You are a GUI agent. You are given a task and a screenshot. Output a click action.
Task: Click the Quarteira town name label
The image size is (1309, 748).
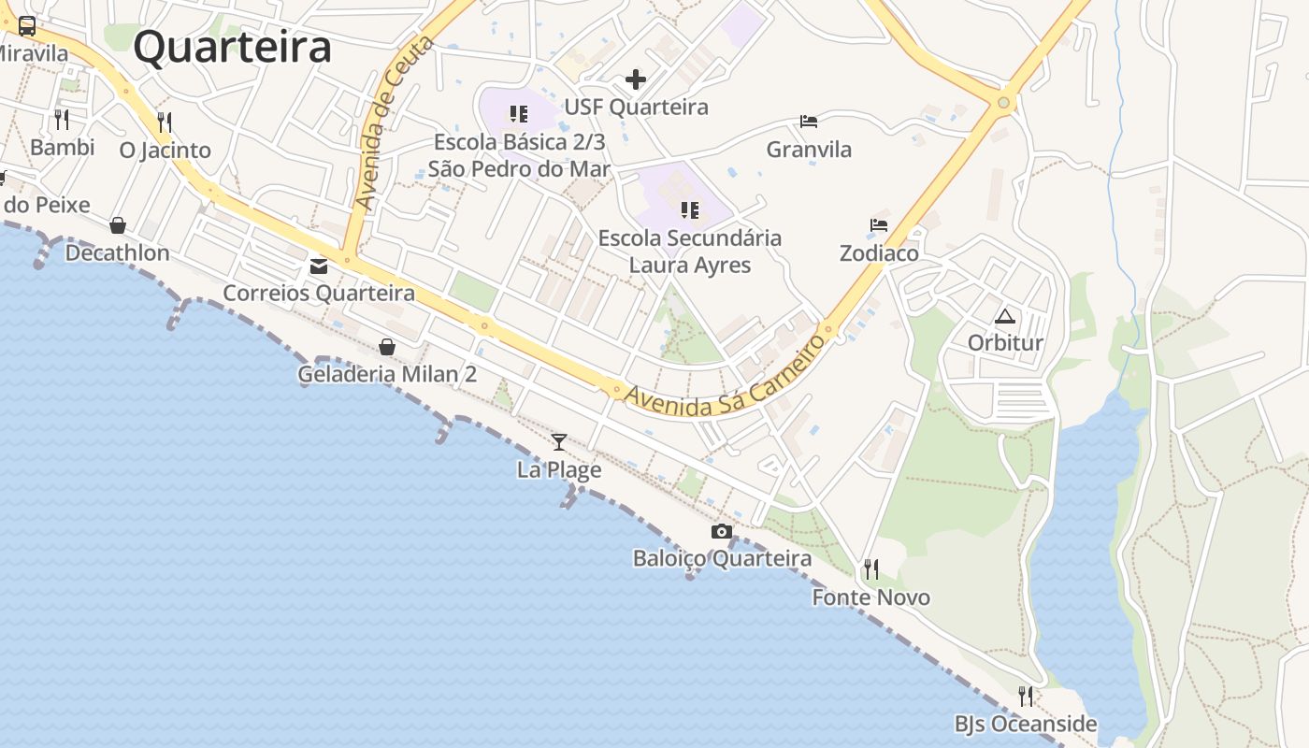pyautogui.click(x=232, y=47)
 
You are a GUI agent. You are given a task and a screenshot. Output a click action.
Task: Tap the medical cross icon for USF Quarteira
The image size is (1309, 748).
pyautogui.click(x=636, y=79)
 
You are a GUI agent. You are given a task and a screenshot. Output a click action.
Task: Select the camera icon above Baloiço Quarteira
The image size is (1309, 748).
pyautogui.click(x=721, y=532)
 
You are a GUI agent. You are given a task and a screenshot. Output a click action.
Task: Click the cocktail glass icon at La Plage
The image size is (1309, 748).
pyautogui.click(x=559, y=441)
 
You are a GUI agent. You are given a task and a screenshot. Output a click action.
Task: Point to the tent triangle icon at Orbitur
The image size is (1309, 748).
pyautogui.click(x=1005, y=316)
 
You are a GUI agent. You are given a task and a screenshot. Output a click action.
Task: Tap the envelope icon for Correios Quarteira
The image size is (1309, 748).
pyautogui.click(x=319, y=266)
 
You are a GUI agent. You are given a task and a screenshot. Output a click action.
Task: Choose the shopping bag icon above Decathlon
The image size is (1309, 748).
pyautogui.click(x=118, y=225)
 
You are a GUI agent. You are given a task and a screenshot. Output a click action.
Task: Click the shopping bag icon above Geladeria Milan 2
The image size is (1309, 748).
pyautogui.click(x=387, y=347)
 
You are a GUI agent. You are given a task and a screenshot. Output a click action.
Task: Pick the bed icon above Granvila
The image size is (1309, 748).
pyautogui.click(x=809, y=122)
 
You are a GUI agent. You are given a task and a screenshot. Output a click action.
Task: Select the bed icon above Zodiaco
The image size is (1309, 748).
pyautogui.click(x=879, y=225)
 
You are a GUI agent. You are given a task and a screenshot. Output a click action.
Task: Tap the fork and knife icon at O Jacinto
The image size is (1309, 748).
pyautogui.click(x=165, y=122)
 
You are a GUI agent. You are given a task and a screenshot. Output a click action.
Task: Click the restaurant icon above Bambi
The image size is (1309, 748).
pyautogui.click(x=62, y=119)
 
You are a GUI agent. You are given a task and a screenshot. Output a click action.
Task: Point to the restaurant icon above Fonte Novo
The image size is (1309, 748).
pyautogui.click(x=871, y=568)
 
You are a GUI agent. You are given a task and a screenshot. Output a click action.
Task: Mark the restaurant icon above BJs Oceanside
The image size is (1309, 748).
pyautogui.click(x=1026, y=696)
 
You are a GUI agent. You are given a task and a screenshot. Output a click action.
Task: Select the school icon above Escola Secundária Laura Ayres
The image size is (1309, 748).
pyautogui.click(x=690, y=209)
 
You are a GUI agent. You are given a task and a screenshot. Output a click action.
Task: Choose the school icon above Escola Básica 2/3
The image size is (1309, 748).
pyautogui.click(x=519, y=114)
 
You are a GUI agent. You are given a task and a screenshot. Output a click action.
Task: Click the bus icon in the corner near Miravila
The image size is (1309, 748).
pyautogui.click(x=27, y=26)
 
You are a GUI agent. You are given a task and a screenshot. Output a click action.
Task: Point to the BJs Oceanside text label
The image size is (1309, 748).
pyautogui.click(x=1026, y=724)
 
